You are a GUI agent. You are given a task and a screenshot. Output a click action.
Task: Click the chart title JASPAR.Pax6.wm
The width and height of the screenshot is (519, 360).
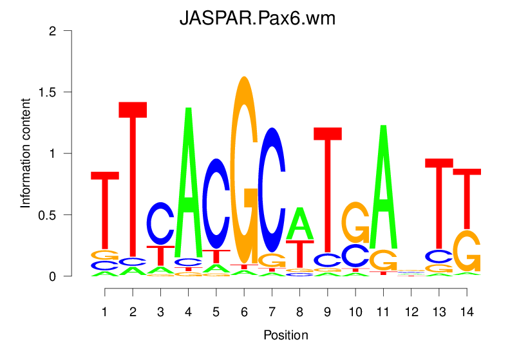pyautogui.click(x=258, y=19)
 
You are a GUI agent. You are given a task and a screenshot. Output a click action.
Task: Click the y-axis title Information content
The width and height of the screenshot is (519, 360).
pyautogui.click(x=26, y=153)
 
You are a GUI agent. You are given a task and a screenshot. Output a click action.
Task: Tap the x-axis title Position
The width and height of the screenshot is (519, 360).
pyautogui.click(x=285, y=336)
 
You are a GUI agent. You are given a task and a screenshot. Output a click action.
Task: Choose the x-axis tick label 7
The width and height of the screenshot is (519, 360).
pyautogui.click(x=272, y=312)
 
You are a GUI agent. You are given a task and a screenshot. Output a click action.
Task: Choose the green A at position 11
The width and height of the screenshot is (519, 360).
pyautogui.click(x=384, y=187)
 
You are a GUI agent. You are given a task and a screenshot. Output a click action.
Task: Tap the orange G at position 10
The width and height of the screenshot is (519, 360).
pyautogui.click(x=355, y=222)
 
